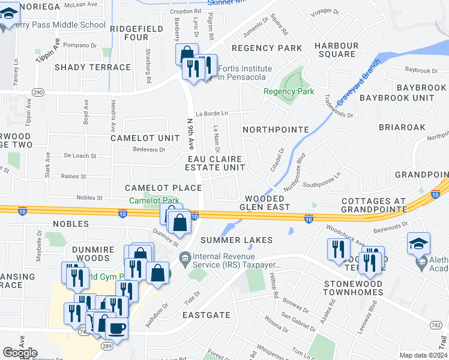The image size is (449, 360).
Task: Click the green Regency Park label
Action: coord(289,92)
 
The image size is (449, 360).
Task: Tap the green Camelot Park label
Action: coord(155,200)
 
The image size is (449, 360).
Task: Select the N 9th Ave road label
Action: coord(191,133)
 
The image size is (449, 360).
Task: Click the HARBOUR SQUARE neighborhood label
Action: coord(336,50)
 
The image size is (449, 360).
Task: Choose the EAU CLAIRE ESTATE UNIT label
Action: coord(217,163)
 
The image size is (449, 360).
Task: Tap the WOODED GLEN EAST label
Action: coord(265,203)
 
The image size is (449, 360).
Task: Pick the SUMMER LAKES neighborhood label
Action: coord(237,240)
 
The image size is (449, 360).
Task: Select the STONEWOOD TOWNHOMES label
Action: coord(353,287)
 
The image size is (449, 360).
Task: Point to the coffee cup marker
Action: coord(116,327)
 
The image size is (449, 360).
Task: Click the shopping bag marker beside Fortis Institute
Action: coord(187,54)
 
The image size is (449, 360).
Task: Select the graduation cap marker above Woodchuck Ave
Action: coord(418,243)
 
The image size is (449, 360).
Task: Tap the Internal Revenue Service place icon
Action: coord(185,259)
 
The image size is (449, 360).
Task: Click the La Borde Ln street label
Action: coord(216,113)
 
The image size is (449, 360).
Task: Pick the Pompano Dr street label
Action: coord(80,45)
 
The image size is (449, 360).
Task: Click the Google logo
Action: coord(20,353)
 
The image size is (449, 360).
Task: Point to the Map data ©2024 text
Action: coord(423,355)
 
